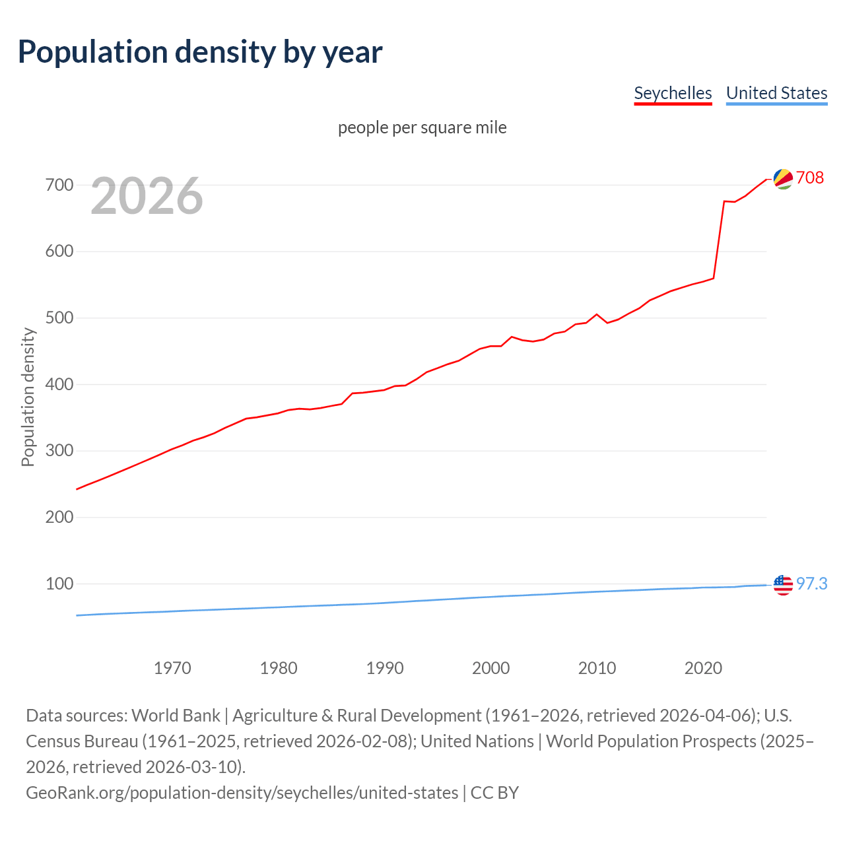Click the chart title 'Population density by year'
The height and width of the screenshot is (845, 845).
(200, 52)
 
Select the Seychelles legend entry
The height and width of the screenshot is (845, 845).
(673, 93)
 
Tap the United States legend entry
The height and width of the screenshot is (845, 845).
(776, 93)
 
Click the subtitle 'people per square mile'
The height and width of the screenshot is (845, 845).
(422, 127)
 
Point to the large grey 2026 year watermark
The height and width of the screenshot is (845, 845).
(147, 195)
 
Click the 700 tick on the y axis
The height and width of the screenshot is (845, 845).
(59, 186)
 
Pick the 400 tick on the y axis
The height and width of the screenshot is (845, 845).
(59, 384)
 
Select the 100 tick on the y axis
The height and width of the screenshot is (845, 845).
(59, 584)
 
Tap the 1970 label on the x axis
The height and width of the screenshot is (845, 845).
(172, 668)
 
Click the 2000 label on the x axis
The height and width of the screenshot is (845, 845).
(490, 668)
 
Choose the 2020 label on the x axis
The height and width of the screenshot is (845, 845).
(703, 668)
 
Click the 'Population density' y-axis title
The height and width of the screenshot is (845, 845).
(28, 397)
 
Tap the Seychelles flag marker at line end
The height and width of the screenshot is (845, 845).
(783, 179)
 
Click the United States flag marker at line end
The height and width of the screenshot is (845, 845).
(783, 585)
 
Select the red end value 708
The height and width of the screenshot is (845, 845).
(810, 178)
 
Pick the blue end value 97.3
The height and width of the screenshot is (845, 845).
(811, 584)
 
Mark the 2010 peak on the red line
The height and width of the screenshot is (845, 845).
(597, 314)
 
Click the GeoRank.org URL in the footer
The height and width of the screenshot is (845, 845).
(242, 792)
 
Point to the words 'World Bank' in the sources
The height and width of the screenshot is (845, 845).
(176, 716)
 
